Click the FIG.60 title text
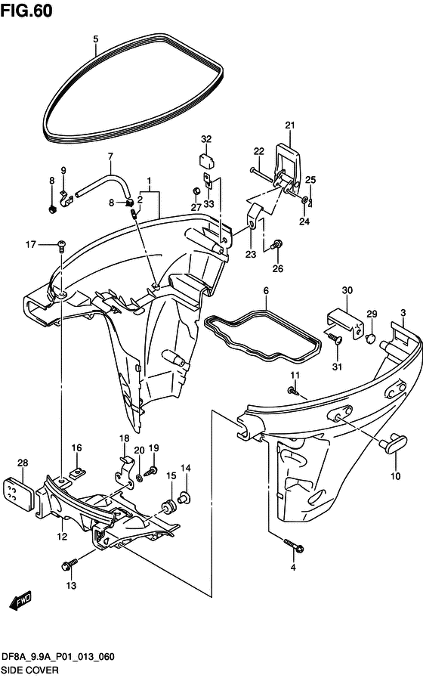pyautogui.click(x=26, y=11)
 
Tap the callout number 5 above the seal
pyautogui.click(x=96, y=39)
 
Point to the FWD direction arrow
pyautogui.click(x=20, y=602)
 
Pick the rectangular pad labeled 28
pyautogui.click(x=18, y=494)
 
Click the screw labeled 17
pyautogui.click(x=61, y=246)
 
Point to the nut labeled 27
pyautogui.click(x=195, y=191)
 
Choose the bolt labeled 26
pyautogui.click(x=276, y=245)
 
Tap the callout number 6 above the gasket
pyautogui.click(x=266, y=290)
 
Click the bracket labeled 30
pyautogui.click(x=346, y=323)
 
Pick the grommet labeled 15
pyautogui.click(x=168, y=506)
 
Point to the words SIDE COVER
pyautogui.click(x=29, y=670)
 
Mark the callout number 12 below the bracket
pyautogui.click(x=62, y=536)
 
